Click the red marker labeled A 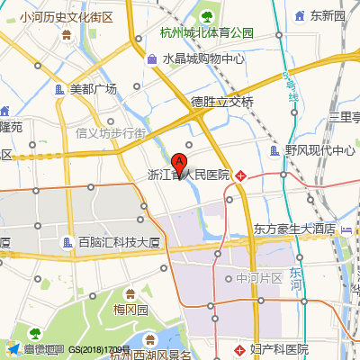click(180, 165)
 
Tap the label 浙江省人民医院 click(188, 175)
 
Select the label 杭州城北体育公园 click(206, 33)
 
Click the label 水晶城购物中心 click(203, 59)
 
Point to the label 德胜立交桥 click(222, 101)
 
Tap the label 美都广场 click(94, 89)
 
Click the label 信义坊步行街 click(111, 133)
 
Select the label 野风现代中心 click(319, 151)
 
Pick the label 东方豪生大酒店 click(294, 229)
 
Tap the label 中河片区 click(259, 279)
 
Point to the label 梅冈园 click(130, 310)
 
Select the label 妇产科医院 click(279, 349)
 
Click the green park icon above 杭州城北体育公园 click(206, 16)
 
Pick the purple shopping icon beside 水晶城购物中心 click(151, 59)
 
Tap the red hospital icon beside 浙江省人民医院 click(240, 175)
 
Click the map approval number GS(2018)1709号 click(100, 349)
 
